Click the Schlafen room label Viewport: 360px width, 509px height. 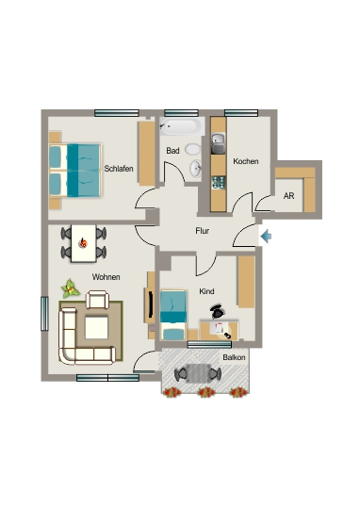pos(119,169)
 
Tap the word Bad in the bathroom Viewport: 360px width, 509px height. pos(172,151)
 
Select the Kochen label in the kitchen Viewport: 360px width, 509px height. pos(246,161)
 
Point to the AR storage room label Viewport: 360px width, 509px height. pos(288,196)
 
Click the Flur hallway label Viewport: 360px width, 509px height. pos(203,231)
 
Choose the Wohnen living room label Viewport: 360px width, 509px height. pos(106,277)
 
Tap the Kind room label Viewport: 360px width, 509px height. pos(206,291)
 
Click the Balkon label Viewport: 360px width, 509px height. pos(234,357)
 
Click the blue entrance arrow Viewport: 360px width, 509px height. pos(266,236)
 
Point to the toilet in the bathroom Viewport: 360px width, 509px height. pos(193,149)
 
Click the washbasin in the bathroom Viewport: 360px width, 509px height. pos(195,168)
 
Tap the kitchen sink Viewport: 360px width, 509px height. pos(218,143)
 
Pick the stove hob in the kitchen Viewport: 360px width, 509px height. pos(218,183)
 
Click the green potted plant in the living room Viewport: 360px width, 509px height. pos(70,288)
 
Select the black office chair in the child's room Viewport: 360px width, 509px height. pos(218,312)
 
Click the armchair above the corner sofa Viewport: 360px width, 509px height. pos(97,300)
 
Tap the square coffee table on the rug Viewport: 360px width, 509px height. pos(96,328)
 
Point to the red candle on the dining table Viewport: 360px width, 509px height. pos(84,242)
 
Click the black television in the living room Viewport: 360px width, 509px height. pos(151,304)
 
